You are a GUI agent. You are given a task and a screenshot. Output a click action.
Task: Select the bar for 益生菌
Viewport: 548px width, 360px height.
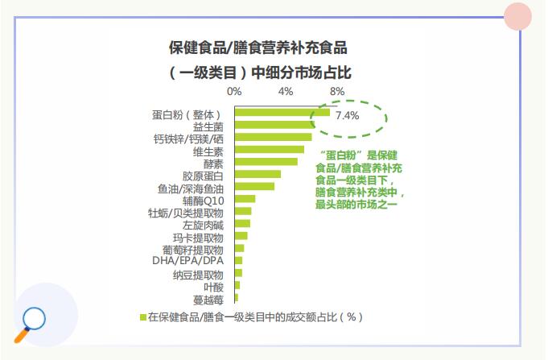[x=274, y=125]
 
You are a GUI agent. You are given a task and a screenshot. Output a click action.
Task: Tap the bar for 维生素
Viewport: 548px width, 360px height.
[x=269, y=149]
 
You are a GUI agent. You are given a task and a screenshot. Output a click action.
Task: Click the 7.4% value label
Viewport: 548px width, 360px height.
[x=347, y=116]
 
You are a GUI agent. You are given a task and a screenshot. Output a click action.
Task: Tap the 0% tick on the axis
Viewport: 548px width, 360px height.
[x=234, y=91]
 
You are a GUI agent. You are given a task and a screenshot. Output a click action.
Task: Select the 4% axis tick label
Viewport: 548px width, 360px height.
[x=286, y=91]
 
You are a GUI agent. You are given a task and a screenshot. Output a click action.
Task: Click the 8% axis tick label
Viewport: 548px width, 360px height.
[x=337, y=91]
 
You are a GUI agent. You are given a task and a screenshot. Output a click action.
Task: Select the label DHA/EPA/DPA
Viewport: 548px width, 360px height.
[x=187, y=261]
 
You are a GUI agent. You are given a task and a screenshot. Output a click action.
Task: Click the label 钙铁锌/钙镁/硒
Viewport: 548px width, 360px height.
[x=188, y=138]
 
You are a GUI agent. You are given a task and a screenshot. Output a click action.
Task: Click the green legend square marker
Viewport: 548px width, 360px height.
[x=142, y=317]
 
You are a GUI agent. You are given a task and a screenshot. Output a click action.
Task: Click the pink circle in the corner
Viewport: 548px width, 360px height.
[x=518, y=17]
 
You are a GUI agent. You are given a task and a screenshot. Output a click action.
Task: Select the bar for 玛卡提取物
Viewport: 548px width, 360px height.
[x=241, y=236]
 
